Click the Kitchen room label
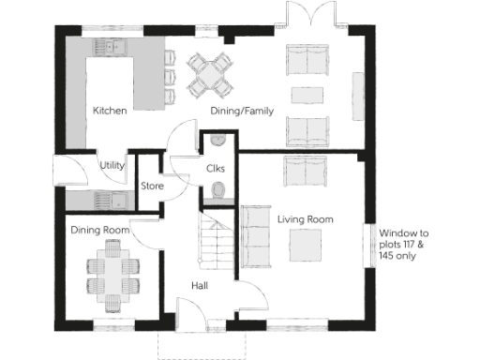(x=110, y=111)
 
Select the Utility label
(x=112, y=166)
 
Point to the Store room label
(x=153, y=187)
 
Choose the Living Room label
(x=306, y=219)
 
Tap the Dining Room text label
(x=99, y=230)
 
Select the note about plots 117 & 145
(x=404, y=244)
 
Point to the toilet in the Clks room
(x=218, y=192)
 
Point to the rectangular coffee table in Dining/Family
(x=307, y=95)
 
